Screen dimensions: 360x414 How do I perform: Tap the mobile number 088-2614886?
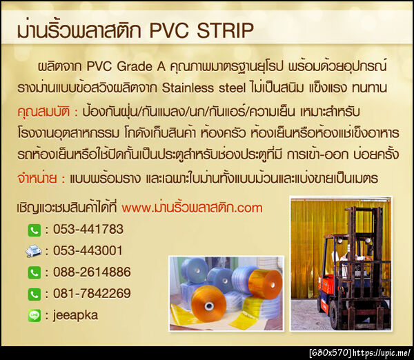92,272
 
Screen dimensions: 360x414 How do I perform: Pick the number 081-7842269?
92,294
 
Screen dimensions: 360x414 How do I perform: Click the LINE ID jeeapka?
75,315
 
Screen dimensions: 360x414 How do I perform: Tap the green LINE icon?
34,316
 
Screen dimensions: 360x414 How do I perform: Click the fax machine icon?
34,251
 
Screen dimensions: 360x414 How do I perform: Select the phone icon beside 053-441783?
34,230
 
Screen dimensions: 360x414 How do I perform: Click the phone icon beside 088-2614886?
34,273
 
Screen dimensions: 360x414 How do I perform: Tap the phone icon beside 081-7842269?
34,294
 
